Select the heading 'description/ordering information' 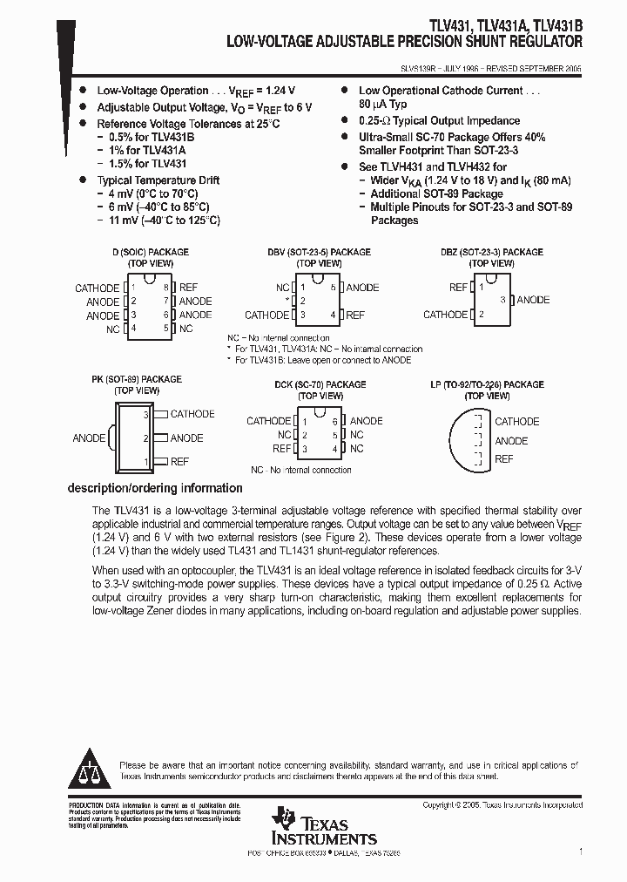point(155,488)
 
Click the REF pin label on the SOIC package point(188,288)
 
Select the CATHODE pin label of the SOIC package point(97,288)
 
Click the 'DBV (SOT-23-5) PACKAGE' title point(319,253)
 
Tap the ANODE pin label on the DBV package point(362,288)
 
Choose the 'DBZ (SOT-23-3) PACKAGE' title point(491,253)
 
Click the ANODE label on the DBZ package point(533,300)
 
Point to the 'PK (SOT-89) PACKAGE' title point(137,380)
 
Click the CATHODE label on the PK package point(192,414)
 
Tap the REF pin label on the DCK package point(281,449)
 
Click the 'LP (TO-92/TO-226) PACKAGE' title point(487,384)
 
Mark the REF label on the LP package point(504,459)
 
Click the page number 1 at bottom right point(580,851)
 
